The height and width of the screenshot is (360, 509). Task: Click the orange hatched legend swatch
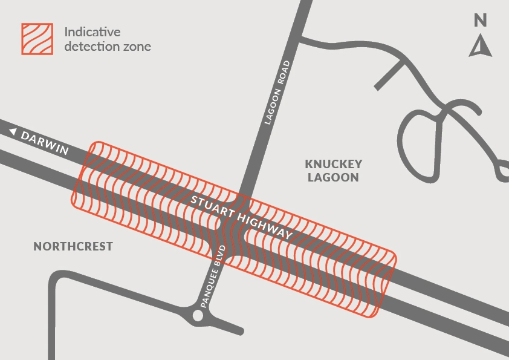[37, 39]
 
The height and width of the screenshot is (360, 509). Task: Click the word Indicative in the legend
[92, 32]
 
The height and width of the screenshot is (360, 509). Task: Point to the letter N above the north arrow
[481, 21]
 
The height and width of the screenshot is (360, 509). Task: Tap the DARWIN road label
[45, 143]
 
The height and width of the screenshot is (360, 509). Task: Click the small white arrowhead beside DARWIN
[13, 131]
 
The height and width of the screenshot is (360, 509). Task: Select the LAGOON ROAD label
[277, 93]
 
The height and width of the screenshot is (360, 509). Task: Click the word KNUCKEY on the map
[333, 164]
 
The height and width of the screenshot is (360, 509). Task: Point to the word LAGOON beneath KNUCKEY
[333, 177]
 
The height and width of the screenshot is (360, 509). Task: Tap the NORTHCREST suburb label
[73, 246]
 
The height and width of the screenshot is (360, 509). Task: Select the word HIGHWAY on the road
[265, 226]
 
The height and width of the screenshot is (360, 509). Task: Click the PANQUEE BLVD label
[213, 277]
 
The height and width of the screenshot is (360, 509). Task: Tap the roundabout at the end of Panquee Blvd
[198, 315]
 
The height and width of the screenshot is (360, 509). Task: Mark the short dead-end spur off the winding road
[389, 75]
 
